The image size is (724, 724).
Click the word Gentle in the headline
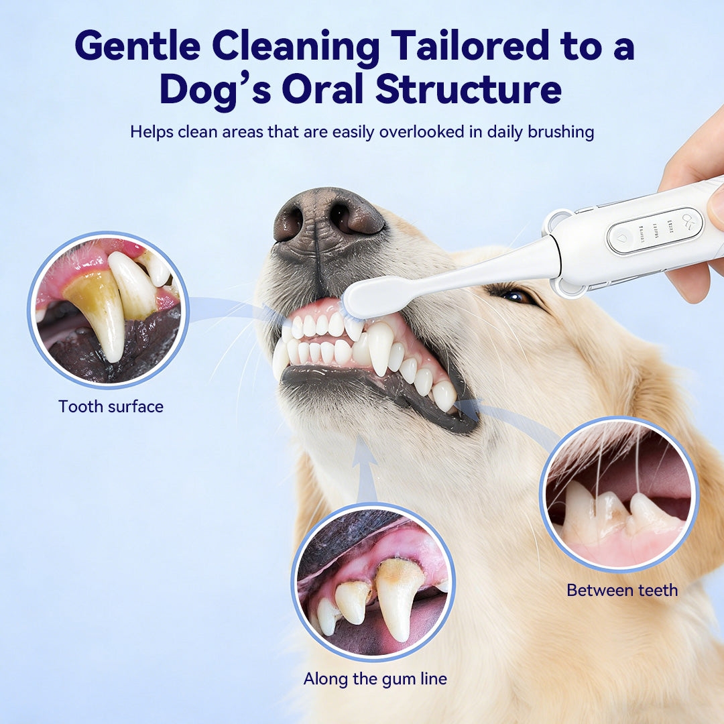tap(136, 46)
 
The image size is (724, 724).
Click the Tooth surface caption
tap(111, 406)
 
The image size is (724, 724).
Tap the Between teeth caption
tap(622, 590)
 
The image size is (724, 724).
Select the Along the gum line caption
tap(375, 678)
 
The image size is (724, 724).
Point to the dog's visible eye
tap(516, 296)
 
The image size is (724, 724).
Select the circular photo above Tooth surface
tap(108, 310)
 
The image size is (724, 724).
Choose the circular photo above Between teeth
tap(617, 493)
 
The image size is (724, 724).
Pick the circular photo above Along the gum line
tap(373, 581)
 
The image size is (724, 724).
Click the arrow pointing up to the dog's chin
tap(364, 463)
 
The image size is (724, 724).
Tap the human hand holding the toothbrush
tap(697, 201)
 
